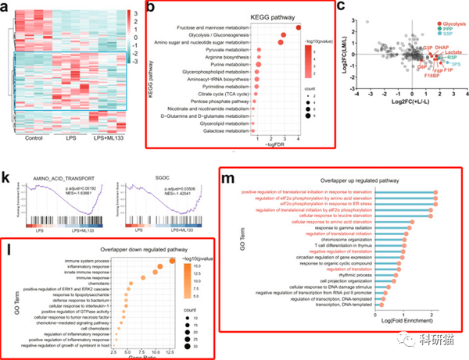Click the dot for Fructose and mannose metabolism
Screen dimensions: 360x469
(299, 28)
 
